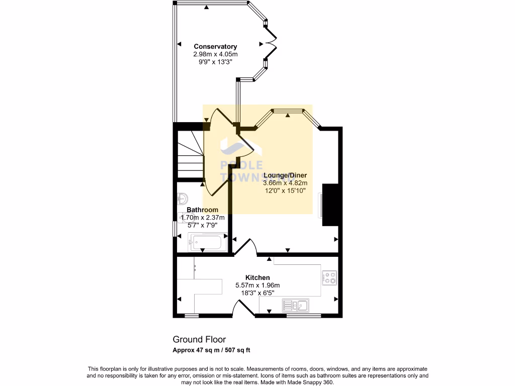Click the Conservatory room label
coord(215,47)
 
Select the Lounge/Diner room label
coord(285,175)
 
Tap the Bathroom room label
coord(202,210)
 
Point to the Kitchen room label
coord(257,277)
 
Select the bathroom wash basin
coord(182,200)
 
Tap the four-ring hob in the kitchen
coord(329,277)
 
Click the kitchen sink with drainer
coord(296,304)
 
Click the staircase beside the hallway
coord(190,153)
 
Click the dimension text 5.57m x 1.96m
coord(257,285)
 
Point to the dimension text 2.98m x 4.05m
coord(215,54)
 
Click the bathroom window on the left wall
coord(174,229)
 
